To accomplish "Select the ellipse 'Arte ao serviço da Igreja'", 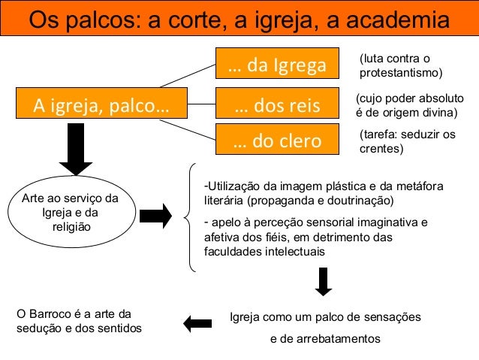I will click(x=70, y=213).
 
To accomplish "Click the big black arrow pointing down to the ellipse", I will click(x=76, y=150).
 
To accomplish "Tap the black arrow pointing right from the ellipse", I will click(x=157, y=216).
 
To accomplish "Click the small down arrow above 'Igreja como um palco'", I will click(x=324, y=281).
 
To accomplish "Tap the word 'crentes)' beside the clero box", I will click(x=382, y=149).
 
